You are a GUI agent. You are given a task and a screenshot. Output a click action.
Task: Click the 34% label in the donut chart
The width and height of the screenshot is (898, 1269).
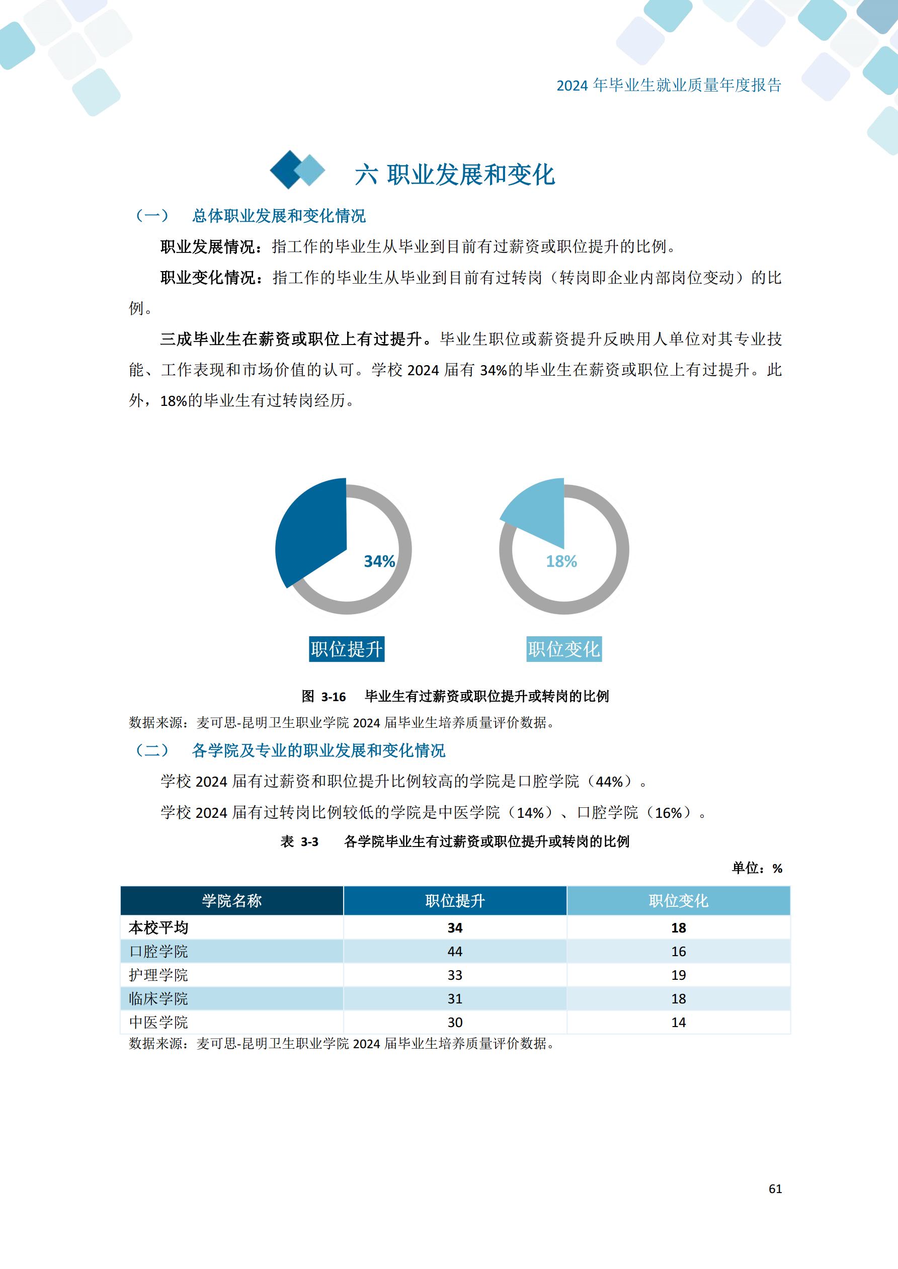[x=379, y=561]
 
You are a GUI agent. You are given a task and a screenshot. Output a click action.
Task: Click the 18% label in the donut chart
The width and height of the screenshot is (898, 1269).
[x=561, y=561]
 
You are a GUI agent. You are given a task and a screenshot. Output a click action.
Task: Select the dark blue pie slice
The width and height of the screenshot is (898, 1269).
[x=312, y=533]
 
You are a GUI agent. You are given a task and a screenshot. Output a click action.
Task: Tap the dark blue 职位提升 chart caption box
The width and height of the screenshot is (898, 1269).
[x=346, y=649]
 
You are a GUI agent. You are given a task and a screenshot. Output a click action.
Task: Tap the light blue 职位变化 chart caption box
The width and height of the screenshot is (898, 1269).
[x=563, y=649]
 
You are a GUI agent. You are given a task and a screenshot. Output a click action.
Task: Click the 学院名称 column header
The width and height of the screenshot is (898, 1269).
[x=232, y=901]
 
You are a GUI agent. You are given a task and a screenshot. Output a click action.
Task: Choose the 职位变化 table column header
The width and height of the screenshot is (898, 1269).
[x=678, y=901]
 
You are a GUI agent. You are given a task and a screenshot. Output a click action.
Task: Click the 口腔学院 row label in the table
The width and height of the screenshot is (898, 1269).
[x=158, y=951]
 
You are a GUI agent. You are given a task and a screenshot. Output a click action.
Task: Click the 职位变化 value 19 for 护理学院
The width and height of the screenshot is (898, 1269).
[x=678, y=975]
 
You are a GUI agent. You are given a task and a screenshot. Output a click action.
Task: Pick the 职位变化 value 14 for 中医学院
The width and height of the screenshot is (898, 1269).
[x=678, y=1023]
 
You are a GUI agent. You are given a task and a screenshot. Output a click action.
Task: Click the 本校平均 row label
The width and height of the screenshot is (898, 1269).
[x=158, y=927]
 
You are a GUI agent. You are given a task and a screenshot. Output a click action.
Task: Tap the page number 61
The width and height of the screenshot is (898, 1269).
[x=775, y=1189]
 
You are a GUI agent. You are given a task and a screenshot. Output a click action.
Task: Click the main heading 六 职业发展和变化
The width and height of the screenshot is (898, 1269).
[x=454, y=175]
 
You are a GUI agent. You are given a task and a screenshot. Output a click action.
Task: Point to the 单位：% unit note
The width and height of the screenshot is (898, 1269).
[x=757, y=868]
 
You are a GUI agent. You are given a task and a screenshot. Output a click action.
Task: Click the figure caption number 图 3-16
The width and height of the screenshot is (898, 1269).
[x=323, y=697]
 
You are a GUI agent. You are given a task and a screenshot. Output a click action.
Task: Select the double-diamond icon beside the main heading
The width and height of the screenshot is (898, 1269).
[x=297, y=170]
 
